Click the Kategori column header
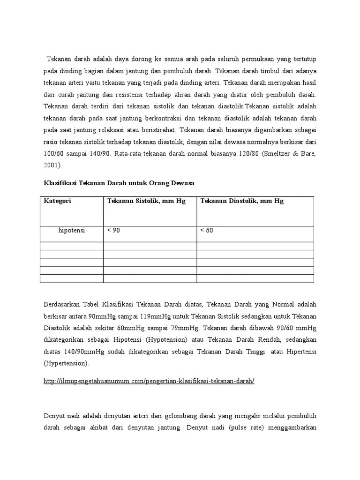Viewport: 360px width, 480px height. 58,201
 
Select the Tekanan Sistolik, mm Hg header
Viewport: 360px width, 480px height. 146,201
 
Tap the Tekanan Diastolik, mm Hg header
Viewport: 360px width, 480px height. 242,201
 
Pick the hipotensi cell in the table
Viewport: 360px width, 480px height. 72,230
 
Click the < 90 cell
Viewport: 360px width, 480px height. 113,230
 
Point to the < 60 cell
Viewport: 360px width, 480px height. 207,230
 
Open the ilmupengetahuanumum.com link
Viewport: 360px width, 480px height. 149,381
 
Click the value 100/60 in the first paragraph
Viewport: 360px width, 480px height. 53,153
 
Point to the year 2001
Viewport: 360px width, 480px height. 52,165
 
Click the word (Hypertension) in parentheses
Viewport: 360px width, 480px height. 66,363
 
